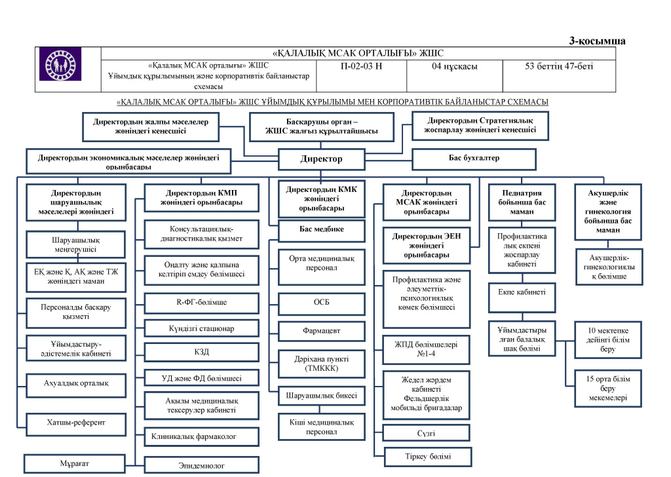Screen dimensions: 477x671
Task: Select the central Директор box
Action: pos(321,159)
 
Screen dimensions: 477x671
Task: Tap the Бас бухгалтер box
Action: pos(473,159)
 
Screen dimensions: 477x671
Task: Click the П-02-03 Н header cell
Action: pos(362,66)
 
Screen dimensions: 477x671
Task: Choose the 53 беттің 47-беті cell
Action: pos(559,66)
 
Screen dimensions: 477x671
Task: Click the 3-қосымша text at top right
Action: pos(597,41)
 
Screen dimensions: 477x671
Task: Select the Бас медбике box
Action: pos(321,229)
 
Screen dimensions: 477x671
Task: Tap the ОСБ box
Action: pos(321,304)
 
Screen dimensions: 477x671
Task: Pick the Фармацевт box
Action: pos(321,331)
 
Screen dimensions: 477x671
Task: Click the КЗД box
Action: pos(202,353)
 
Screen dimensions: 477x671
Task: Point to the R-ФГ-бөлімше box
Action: pos(202,303)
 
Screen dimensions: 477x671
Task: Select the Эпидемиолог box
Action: pos(202,465)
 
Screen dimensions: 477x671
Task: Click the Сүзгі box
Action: pos(426,433)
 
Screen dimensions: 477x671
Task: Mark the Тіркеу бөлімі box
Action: pos(426,456)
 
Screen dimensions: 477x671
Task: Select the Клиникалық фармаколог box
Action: pos(202,435)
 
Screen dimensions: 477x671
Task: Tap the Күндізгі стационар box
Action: pos(202,328)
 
